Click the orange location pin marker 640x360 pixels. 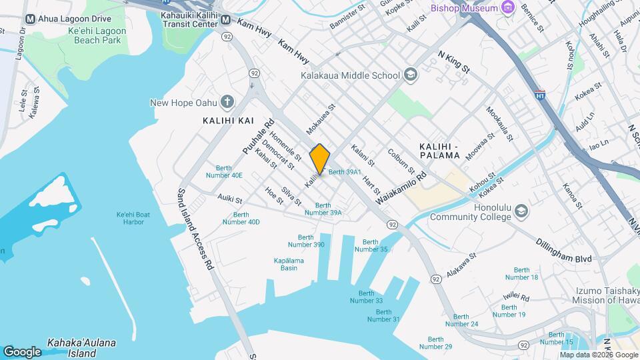(320, 159)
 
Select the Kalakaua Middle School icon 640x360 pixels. (410, 75)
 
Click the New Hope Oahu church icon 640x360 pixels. (227, 102)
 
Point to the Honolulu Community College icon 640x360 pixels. (521, 211)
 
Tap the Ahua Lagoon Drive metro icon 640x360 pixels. (30, 19)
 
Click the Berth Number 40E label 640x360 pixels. (229, 171)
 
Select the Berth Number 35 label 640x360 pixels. (371, 245)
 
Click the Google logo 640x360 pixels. (22, 351)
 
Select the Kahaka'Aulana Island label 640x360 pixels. (81, 348)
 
